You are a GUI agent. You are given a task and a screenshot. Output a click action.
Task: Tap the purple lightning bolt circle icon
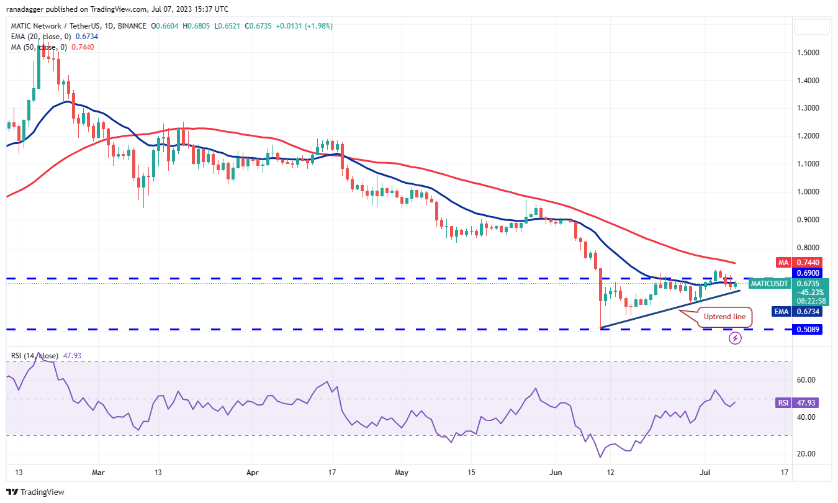click(735, 338)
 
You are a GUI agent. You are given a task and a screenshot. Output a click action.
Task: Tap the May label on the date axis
click(402, 473)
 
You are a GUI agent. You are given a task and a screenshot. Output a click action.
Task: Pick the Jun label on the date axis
click(556, 473)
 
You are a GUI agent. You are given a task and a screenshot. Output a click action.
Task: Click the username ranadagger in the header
click(30, 9)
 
